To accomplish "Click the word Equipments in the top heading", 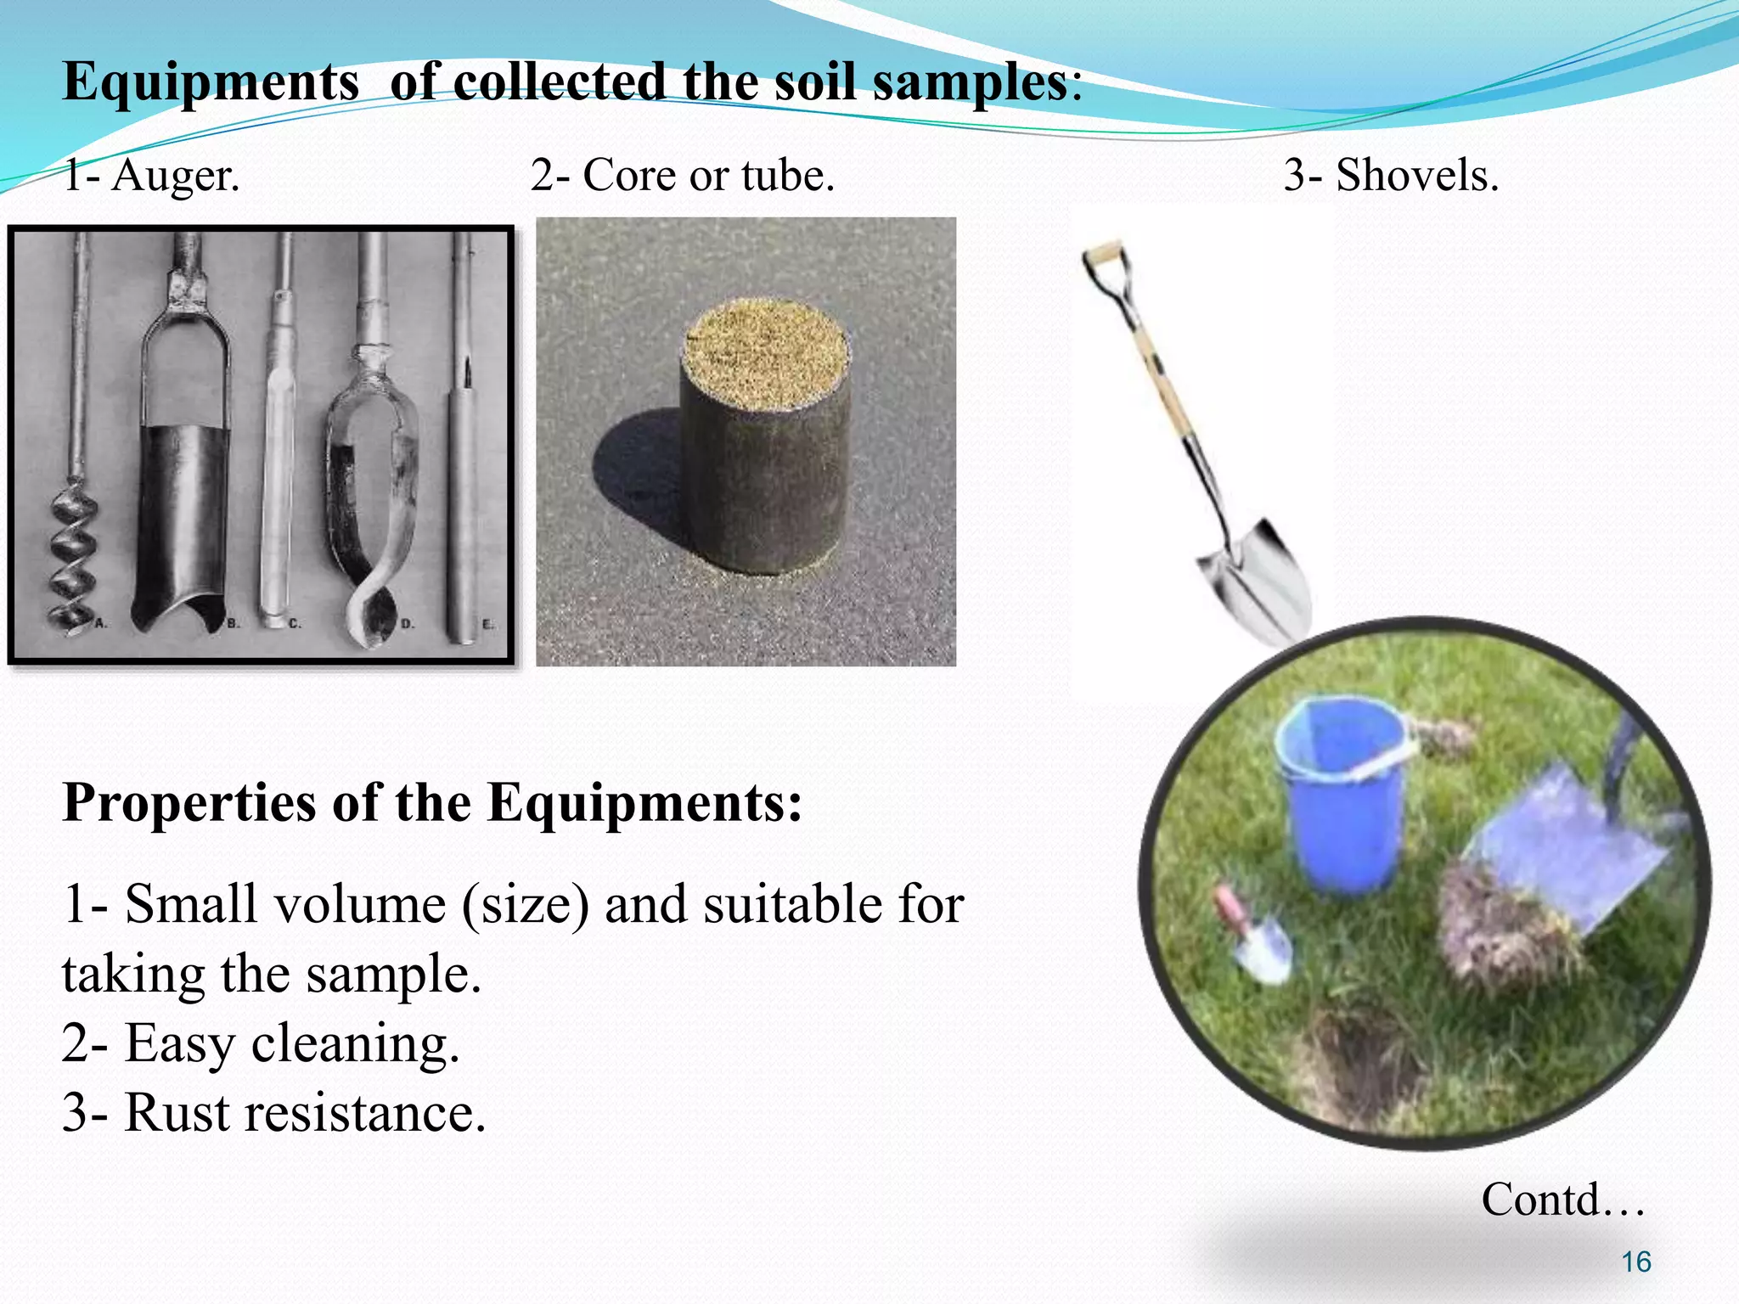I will (211, 83).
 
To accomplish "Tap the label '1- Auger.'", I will (151, 176).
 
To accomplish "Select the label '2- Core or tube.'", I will (683, 176).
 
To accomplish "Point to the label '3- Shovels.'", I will (1391, 176).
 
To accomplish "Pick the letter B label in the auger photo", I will (232, 624).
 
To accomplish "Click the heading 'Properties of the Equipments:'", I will (431, 802).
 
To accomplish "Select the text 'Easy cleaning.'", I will (292, 1043).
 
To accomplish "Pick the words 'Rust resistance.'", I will (306, 1112).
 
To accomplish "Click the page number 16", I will (1635, 1262).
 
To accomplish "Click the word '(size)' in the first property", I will (525, 904).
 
